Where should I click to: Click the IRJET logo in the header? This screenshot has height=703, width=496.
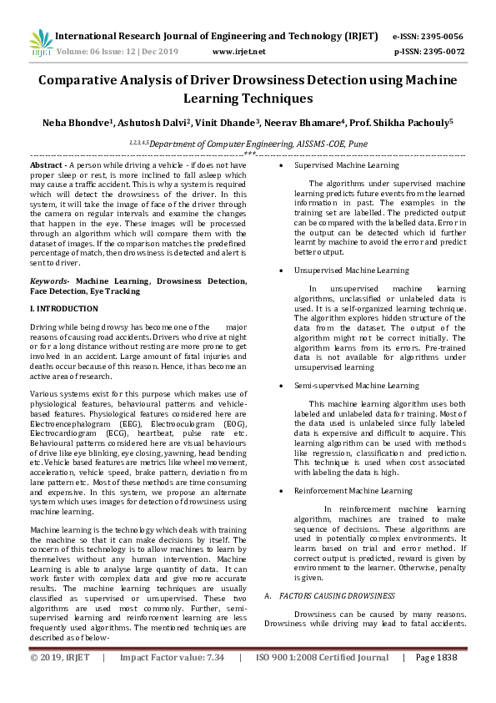coord(40,43)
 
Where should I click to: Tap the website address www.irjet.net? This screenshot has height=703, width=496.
coord(239,51)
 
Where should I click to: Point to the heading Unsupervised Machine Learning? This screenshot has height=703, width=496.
coord(351,271)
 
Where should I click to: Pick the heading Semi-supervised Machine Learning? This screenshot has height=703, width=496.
coord(356,386)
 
